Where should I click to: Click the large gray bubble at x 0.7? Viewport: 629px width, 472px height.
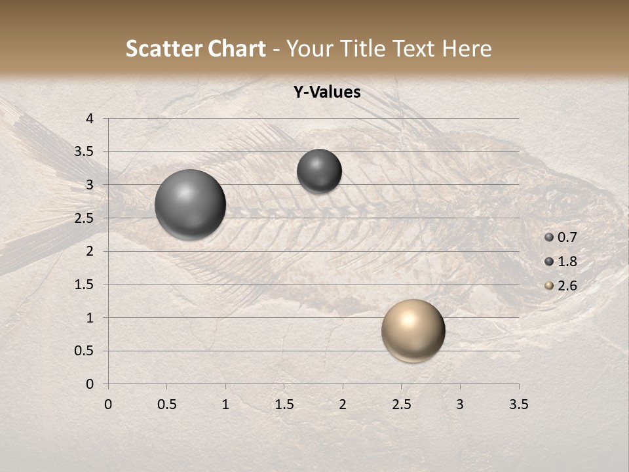click(x=190, y=205)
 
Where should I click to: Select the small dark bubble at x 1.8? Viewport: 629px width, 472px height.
click(x=319, y=171)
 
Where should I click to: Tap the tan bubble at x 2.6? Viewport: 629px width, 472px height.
click(x=413, y=330)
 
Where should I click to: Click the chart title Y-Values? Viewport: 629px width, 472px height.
click(x=326, y=92)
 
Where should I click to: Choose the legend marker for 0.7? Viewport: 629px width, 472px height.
click(x=549, y=237)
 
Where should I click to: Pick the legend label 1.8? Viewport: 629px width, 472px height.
click(x=567, y=262)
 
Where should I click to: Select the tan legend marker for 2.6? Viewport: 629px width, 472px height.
click(x=549, y=286)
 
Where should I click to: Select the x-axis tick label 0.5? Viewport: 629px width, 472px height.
click(x=167, y=404)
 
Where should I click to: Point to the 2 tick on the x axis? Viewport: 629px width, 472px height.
click(x=343, y=404)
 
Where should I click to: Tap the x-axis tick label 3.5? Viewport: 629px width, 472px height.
click(x=519, y=404)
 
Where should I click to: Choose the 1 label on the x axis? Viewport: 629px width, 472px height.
click(x=225, y=404)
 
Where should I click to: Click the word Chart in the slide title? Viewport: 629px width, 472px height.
click(x=236, y=49)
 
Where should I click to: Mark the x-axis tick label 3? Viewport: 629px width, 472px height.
click(x=460, y=404)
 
